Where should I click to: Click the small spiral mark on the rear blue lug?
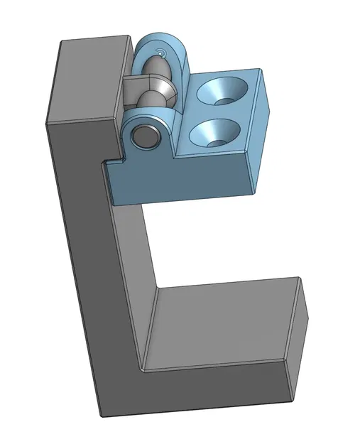point(162,53)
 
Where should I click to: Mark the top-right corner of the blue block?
point(259,69)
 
